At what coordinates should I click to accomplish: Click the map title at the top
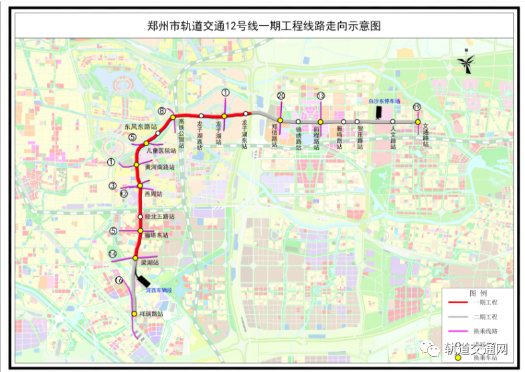[x=262, y=26]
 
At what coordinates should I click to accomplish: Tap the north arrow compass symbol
[x=464, y=64]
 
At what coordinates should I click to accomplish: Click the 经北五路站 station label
[x=160, y=217]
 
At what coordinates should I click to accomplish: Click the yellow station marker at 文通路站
[x=418, y=122]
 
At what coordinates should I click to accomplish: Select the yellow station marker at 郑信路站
[x=280, y=121]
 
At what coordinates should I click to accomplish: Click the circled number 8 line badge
[x=162, y=111]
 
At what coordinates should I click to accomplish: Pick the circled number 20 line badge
[x=281, y=96]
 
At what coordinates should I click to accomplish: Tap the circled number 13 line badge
[x=321, y=96]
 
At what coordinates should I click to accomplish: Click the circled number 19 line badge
[x=417, y=107]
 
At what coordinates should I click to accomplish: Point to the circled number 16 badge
[x=119, y=281]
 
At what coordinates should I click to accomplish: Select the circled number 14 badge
[x=113, y=254]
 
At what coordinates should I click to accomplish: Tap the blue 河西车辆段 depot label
[x=158, y=290]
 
